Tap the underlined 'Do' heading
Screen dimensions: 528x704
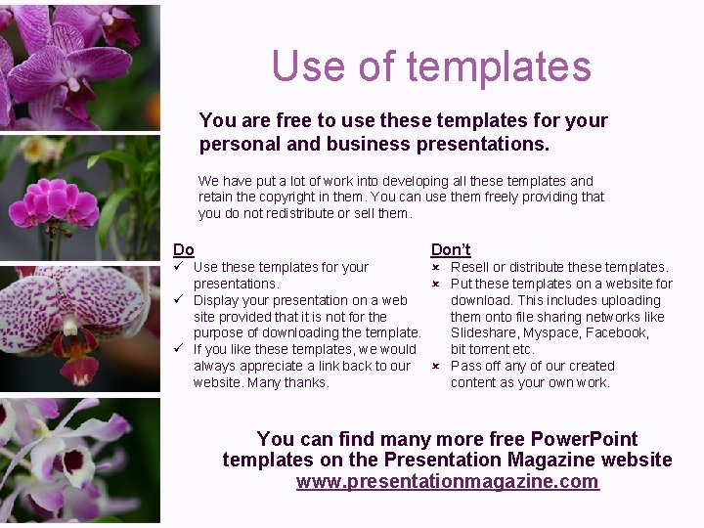(184, 249)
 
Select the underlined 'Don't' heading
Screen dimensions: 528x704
(451, 249)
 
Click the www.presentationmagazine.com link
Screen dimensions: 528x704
(447, 481)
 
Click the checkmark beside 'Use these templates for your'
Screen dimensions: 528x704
(180, 266)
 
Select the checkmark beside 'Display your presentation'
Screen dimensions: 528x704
(180, 299)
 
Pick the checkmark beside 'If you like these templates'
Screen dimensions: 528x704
(180, 348)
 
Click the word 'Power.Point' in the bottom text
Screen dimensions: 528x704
(570, 439)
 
